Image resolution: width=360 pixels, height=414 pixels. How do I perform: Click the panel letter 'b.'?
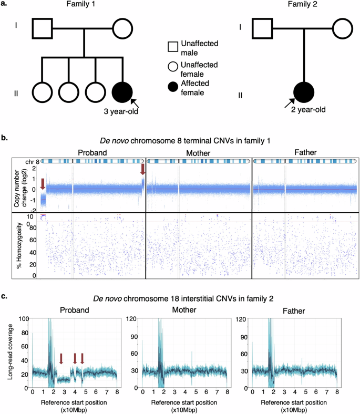(x=6, y=138)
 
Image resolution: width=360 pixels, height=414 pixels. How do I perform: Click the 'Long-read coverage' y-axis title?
(x=9, y=354)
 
